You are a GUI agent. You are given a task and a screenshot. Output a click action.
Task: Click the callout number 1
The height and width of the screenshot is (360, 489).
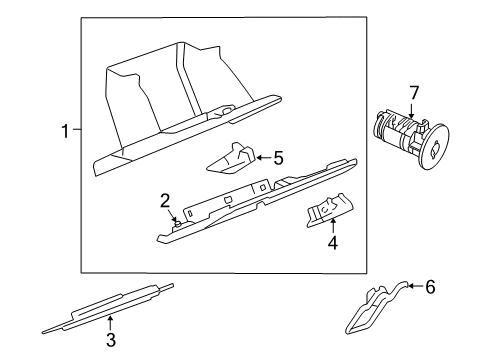66,131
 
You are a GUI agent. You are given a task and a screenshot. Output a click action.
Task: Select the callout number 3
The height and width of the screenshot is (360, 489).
111,341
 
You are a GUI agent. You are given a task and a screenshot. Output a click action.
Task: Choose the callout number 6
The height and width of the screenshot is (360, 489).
431,287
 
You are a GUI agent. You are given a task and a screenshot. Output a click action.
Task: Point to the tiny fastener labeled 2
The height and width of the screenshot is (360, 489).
176,222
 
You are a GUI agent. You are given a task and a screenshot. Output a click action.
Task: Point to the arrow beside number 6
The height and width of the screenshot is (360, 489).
412,288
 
